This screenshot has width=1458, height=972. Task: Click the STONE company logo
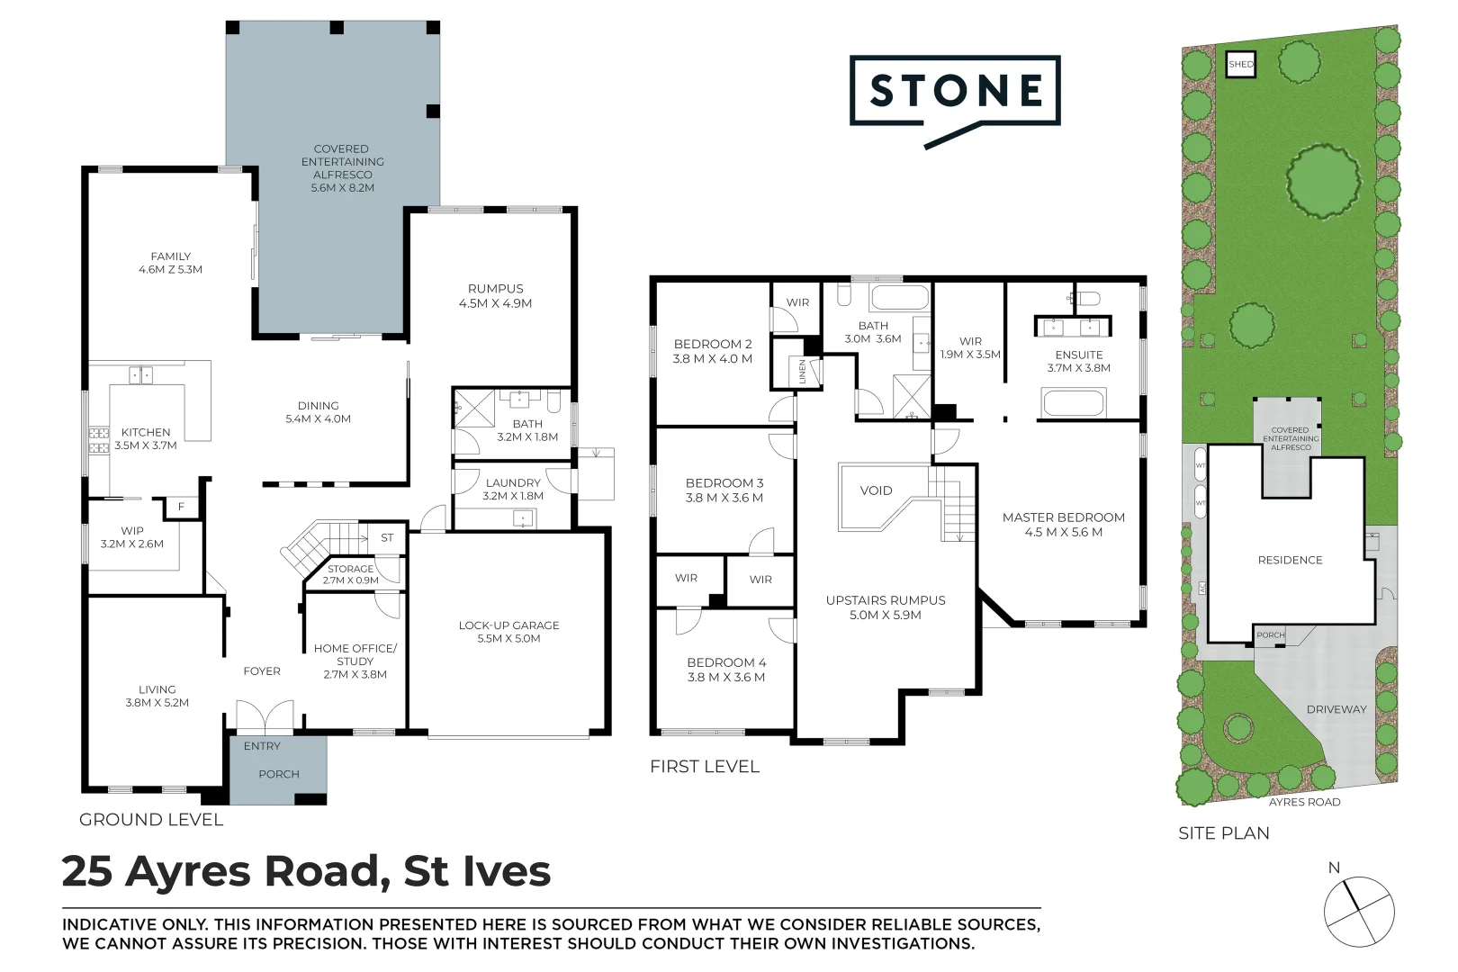point(955,91)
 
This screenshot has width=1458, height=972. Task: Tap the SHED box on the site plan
point(1240,64)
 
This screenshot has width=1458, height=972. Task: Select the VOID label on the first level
point(876,490)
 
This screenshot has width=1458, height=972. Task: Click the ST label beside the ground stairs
point(387,537)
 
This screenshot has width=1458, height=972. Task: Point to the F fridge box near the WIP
point(181,508)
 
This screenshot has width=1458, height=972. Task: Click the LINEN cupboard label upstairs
point(803,372)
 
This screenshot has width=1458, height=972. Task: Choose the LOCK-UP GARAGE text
point(508,625)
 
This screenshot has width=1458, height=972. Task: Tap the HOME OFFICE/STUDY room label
point(355,654)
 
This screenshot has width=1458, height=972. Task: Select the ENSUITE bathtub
point(1074,402)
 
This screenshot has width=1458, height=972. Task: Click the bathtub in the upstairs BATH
point(900,298)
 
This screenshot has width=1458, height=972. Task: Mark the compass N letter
point(1334,868)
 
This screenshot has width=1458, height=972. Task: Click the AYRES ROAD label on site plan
point(1304,802)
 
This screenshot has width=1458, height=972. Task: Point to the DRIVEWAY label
point(1336,709)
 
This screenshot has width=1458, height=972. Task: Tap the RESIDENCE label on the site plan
point(1290,560)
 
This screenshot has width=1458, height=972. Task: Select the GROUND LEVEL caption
point(151,820)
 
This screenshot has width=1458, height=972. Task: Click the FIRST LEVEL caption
point(705,767)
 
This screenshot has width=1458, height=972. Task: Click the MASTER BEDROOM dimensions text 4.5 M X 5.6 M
point(1063,532)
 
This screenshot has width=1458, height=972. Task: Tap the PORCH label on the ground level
point(278,774)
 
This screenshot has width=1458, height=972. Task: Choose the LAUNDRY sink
point(523,518)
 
